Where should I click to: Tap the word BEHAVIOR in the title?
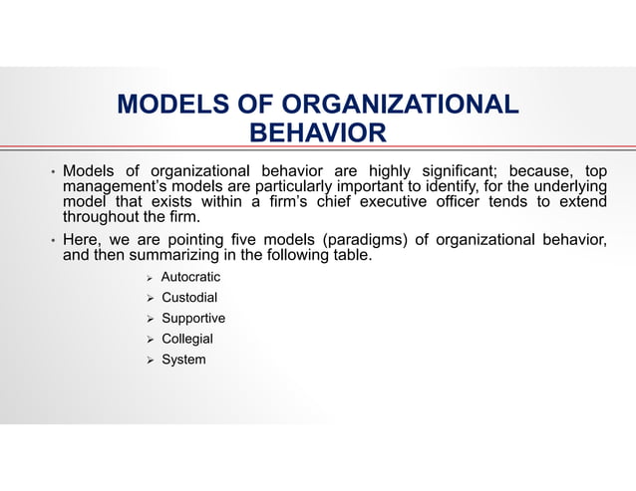tap(317, 133)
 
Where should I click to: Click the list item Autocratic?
tap(190, 277)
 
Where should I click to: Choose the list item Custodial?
tap(188, 298)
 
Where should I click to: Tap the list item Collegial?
tap(186, 340)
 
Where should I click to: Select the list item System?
tap(183, 360)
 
